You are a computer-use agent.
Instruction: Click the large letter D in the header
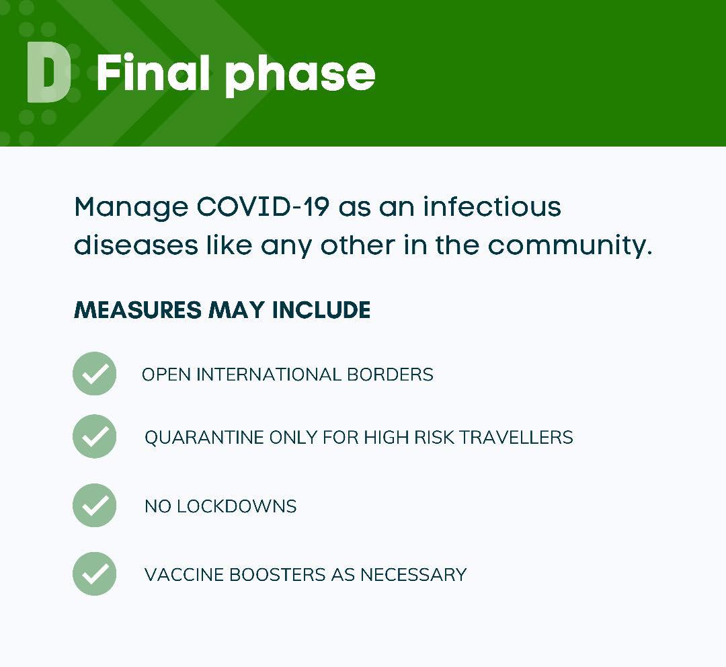pos(48,72)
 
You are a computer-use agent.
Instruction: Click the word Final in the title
pos(153,73)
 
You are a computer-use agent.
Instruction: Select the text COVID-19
pos(263,206)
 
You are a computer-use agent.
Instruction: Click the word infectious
pos(492,206)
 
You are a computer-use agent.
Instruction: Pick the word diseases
pos(136,245)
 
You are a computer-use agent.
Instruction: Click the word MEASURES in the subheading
pos(138,310)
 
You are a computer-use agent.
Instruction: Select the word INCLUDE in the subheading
pos(321,310)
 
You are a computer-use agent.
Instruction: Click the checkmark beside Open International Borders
pos(95,373)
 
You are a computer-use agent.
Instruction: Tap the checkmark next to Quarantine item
pos(95,436)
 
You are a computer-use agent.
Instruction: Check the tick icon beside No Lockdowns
pos(95,506)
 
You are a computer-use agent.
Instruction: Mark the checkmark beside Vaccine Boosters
pos(95,574)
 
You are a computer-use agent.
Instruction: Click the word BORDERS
pos(391,375)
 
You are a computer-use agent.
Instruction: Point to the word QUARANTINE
pos(204,437)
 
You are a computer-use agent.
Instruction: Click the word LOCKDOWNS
pos(237,506)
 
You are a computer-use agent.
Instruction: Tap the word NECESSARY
pos(413,575)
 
